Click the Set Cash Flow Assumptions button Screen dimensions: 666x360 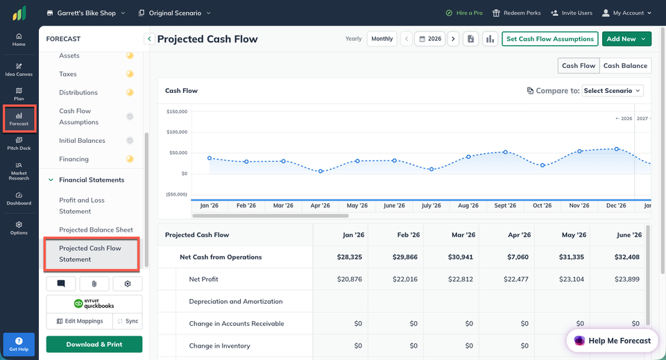pyautogui.click(x=549, y=39)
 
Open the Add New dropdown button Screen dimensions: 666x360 pyautogui.click(x=626, y=39)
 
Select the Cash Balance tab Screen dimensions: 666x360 pyautogui.click(x=625, y=66)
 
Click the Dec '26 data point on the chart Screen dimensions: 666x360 pyautogui.click(x=616, y=149)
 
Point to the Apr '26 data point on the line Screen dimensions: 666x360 pyautogui.click(x=321, y=171)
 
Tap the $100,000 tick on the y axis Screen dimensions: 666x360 pyautogui.click(x=177, y=132)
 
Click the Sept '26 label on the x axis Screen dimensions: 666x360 pyautogui.click(x=505, y=205)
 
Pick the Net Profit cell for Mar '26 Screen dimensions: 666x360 pyautogui.click(x=461, y=280)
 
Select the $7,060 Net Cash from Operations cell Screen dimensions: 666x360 pyautogui.click(x=518, y=257)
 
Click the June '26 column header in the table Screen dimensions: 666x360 pyautogui.click(x=629, y=234)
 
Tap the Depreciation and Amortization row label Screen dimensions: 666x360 pyautogui.click(x=236, y=302)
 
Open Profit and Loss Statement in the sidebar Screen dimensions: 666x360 pyautogui.click(x=82, y=205)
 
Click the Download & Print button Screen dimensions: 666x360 pyautogui.click(x=94, y=344)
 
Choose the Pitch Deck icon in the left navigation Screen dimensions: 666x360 pyautogui.click(x=19, y=144)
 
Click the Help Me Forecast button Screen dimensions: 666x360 pyautogui.click(x=612, y=341)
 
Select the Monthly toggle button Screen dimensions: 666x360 pyautogui.click(x=382, y=39)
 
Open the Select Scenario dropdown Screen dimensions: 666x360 pyautogui.click(x=613, y=91)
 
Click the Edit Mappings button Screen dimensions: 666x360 pyautogui.click(x=79, y=321)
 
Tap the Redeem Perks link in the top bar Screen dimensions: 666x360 pyautogui.click(x=516, y=13)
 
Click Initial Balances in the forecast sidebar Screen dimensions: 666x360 pyautogui.click(x=82, y=141)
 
